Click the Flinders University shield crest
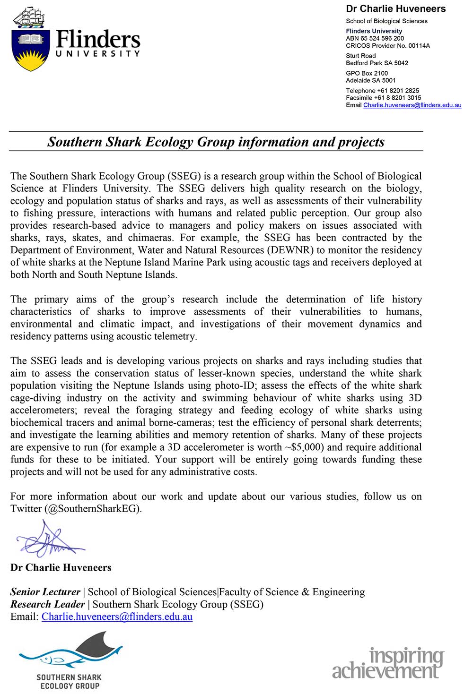(31, 50)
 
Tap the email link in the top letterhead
(412, 105)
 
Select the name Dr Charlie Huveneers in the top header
(395, 9)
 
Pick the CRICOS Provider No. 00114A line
(388, 46)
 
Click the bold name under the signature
(61, 567)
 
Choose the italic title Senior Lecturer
(45, 592)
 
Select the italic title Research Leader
(47, 604)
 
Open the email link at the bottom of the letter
(117, 617)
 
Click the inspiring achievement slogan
(388, 663)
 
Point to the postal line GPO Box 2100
(367, 73)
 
